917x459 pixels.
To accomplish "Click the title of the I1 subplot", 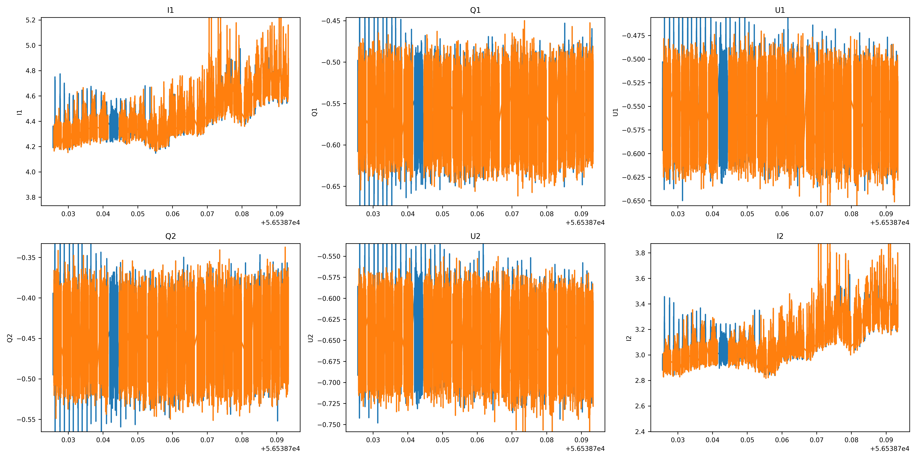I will [x=171, y=10].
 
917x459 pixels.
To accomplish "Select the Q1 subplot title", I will [x=475, y=10].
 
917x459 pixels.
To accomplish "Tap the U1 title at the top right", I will [x=780, y=10].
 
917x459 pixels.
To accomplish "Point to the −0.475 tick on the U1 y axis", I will [x=634, y=36].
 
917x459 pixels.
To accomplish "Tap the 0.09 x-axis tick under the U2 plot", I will [x=581, y=440].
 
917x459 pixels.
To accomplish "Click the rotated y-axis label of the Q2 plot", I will [x=10, y=338].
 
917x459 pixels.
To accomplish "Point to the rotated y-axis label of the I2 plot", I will [x=629, y=338].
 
